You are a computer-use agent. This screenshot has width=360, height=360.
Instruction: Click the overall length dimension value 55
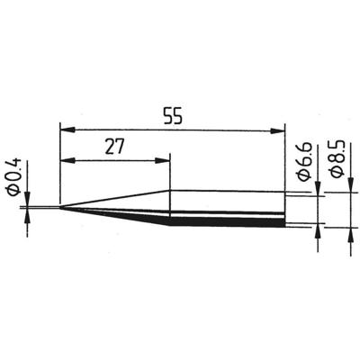pyautogui.click(x=172, y=116)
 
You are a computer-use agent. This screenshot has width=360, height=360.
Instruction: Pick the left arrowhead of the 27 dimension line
pyautogui.click(x=66, y=162)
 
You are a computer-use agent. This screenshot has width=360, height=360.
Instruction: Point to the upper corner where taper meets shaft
pyautogui.click(x=169, y=190)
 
